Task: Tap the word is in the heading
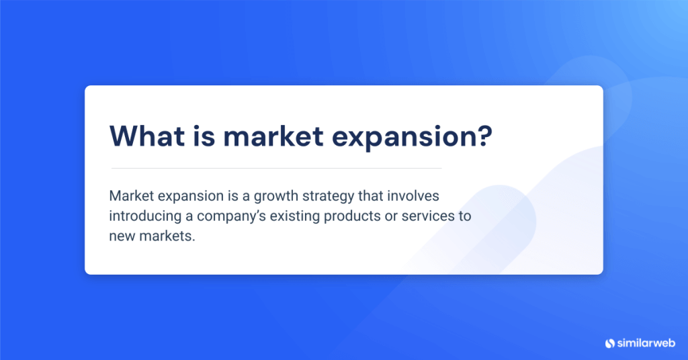tap(205, 136)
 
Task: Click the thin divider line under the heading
tap(275, 168)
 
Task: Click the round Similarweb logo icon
tap(610, 343)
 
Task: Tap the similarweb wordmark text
tap(646, 343)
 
